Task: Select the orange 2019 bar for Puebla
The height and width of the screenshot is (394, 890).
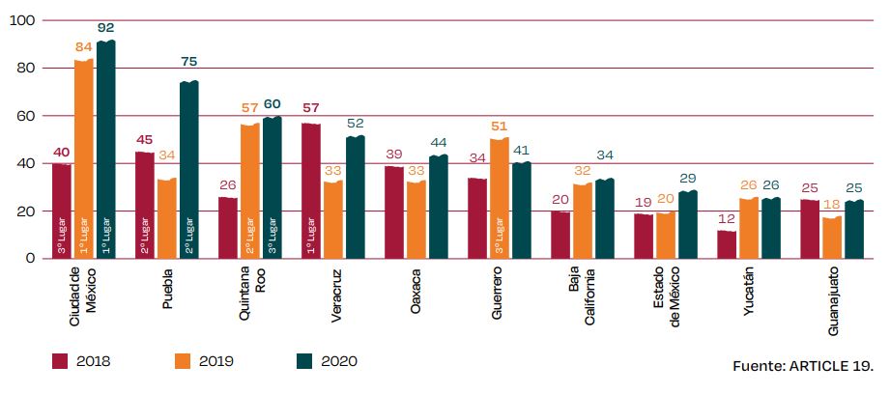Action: [167, 218]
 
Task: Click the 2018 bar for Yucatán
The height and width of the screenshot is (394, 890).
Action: [728, 244]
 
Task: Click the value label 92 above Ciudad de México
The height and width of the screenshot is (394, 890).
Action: [105, 28]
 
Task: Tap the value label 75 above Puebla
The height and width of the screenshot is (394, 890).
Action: [188, 63]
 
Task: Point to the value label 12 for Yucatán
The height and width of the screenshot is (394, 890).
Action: [728, 219]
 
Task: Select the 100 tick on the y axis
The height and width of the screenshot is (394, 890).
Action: [21, 21]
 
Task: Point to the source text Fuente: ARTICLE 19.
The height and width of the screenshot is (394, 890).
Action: [804, 367]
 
